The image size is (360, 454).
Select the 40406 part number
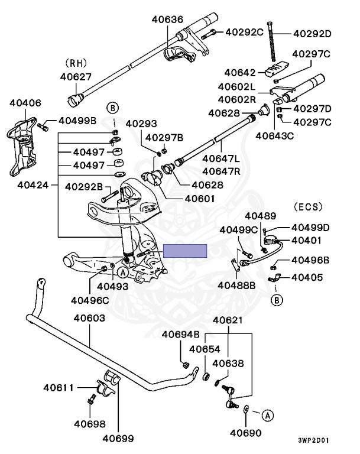25,103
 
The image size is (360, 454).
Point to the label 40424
33,184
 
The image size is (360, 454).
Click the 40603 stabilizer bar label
89,318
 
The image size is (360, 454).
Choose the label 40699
118,439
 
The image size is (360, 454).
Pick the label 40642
241,73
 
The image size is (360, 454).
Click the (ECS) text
307,207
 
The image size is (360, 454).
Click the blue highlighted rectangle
184,251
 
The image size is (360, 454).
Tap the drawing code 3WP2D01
330,440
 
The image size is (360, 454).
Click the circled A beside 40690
267,416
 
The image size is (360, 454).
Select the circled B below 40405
275,300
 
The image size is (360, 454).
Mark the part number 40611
58,388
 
